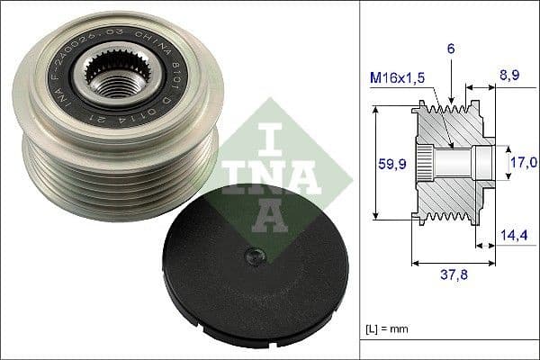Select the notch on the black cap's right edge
[x=346, y=280]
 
